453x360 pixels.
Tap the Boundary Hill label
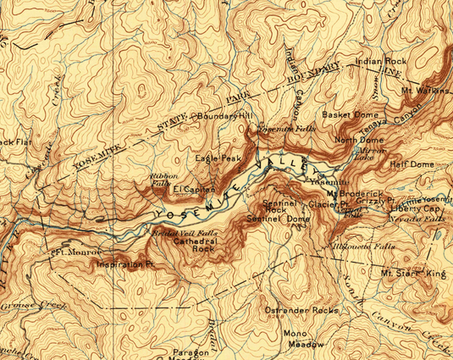coord(224,115)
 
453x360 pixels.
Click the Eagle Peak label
coord(218,158)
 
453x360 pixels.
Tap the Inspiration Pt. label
coord(126,265)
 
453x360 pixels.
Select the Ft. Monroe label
coord(76,252)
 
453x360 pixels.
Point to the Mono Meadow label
coord(303,339)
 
